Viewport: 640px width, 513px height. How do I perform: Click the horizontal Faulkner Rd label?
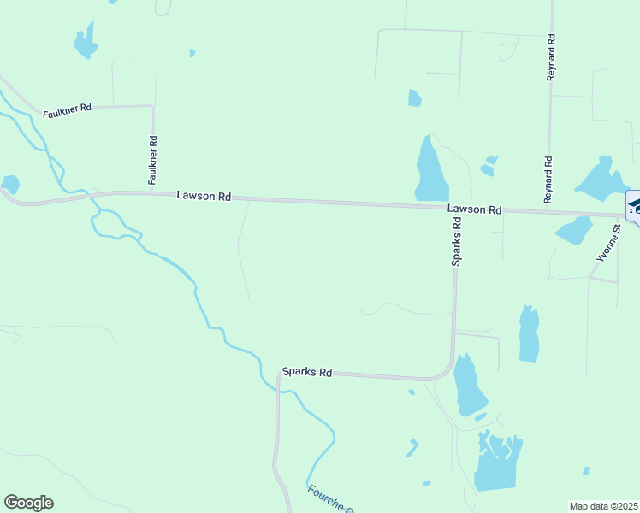pos(68,109)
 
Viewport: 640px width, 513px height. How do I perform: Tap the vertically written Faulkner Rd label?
pos(152,161)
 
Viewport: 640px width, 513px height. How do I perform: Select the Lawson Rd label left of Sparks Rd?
pos(204,196)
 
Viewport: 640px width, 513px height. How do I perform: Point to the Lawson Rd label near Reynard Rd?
pos(473,209)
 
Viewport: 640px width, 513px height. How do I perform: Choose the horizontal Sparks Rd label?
pos(306,373)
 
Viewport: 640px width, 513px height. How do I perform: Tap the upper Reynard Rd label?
pos(552,58)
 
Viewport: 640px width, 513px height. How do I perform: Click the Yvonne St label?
pos(608,242)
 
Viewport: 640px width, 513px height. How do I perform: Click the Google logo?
pos(28,503)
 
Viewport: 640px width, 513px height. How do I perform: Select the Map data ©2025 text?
pos(603,506)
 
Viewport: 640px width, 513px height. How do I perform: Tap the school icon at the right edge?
pos(634,207)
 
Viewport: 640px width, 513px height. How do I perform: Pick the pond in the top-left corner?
pos(85,40)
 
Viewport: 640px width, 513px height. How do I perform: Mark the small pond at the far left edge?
pos(10,184)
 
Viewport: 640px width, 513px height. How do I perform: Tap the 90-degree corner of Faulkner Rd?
pos(152,107)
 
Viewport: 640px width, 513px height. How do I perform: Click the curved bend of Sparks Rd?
pos(447,370)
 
